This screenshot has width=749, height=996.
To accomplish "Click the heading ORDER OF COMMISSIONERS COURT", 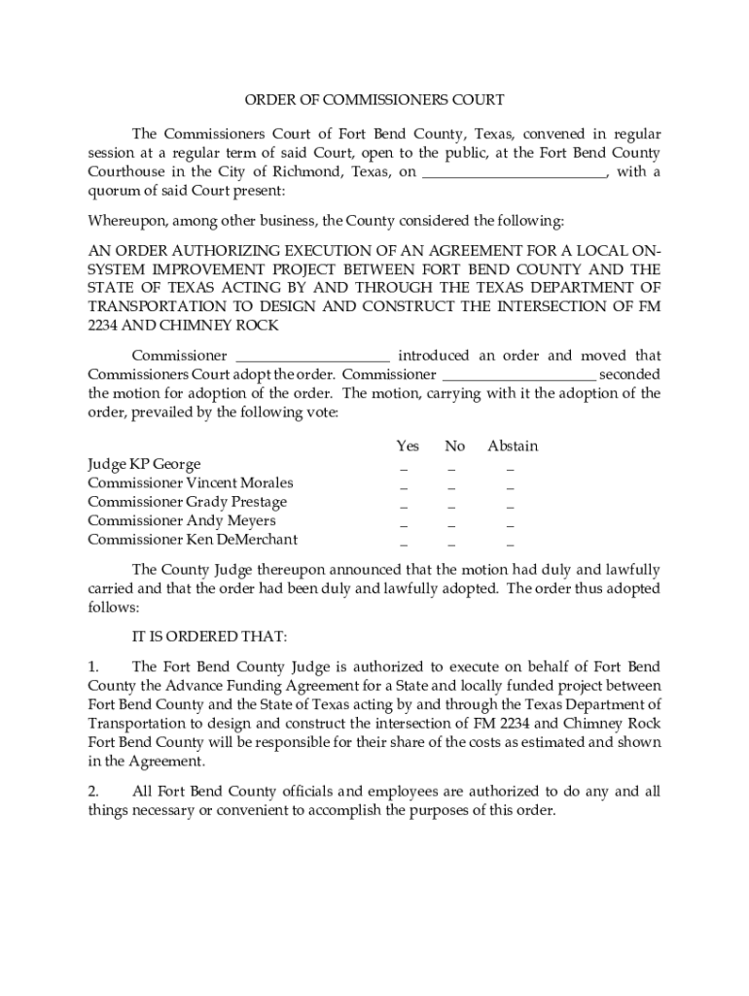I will (374, 99).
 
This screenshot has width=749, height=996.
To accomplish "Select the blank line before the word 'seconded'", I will (518, 375).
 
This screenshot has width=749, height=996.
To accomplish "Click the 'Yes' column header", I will (408, 446).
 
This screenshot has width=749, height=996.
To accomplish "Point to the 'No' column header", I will (454, 446).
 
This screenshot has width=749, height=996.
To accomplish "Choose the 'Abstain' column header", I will (513, 446).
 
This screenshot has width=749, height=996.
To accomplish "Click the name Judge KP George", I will (144, 465).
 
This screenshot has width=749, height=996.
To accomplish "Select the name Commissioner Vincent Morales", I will (191, 483).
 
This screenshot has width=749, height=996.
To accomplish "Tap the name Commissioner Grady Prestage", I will (188, 502).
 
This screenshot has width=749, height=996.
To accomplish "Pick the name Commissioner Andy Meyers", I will (182, 521).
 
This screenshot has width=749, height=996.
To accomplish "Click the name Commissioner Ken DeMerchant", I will (193, 540).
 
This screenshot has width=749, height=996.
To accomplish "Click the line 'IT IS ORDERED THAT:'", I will (209, 637).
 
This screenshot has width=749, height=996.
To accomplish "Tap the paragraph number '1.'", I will (93, 667).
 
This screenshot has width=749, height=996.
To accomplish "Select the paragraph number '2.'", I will (93, 793).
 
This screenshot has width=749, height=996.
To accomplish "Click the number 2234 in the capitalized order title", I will (104, 326).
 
